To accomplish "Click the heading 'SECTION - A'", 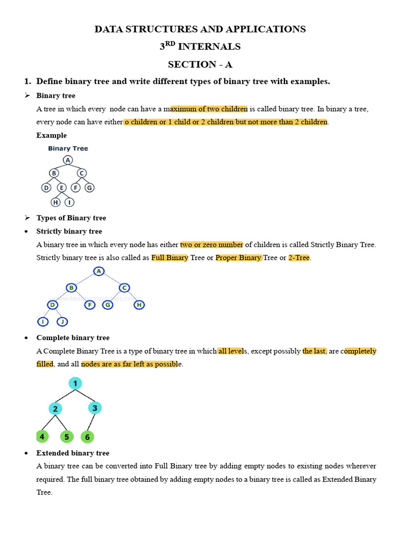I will click(200, 64).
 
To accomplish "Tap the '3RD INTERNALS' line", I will click(200, 46).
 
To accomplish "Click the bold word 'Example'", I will click(51, 135).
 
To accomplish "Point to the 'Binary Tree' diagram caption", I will click(68, 148).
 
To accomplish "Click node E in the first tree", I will click(62, 188).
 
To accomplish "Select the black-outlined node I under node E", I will click(69, 202).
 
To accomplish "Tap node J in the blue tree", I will click(62, 321).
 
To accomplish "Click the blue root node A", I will click(99, 271).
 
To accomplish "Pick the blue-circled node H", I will click(139, 305).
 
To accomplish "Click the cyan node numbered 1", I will click(75, 383).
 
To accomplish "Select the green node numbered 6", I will click(87, 437).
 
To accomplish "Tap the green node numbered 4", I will click(42, 436).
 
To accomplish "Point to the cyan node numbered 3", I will click(94, 408).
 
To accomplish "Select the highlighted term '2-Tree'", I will click(299, 258).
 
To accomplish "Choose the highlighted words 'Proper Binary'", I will click(239, 258).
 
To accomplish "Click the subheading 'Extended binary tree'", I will click(73, 453).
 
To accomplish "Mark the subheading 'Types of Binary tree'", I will click(71, 218).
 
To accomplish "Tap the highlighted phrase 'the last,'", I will click(315, 351).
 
